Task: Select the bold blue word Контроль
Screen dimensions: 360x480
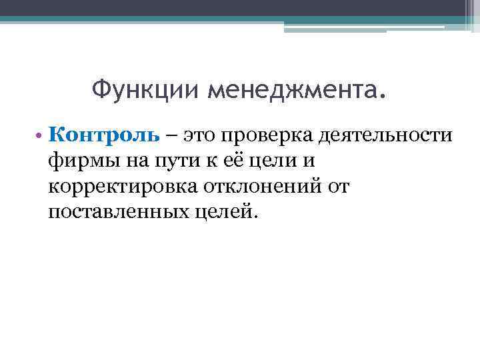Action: tap(104, 136)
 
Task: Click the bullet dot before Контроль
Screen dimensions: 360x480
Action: tap(41, 137)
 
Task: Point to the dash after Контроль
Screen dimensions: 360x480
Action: tap(173, 137)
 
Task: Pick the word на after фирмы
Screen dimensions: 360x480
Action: tap(127, 163)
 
